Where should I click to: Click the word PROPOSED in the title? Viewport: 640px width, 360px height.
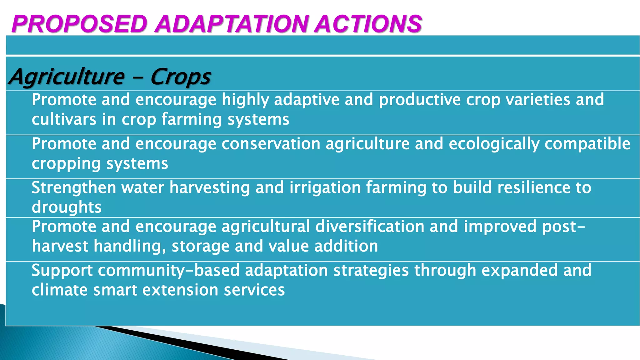pyautogui.click(x=79, y=24)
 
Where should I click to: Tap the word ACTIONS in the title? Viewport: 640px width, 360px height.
pyautogui.click(x=368, y=24)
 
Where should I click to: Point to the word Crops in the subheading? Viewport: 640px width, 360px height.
pyautogui.click(x=181, y=77)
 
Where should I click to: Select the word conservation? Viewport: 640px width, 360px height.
pyautogui.click(x=271, y=144)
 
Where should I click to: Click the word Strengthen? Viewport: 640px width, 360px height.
pyautogui.click(x=74, y=188)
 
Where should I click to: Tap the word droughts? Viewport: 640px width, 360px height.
pyautogui.click(x=67, y=207)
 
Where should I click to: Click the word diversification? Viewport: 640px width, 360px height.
pyautogui.click(x=370, y=227)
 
